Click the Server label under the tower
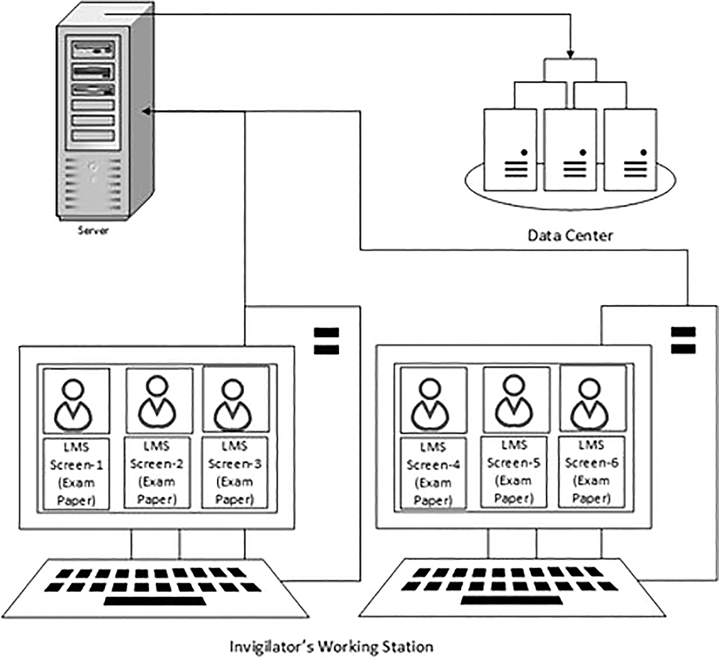coord(93,230)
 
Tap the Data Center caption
coord(570,235)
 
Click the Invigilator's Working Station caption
coord(331,647)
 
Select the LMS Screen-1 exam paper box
coord(76,473)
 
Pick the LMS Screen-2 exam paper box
coord(157,472)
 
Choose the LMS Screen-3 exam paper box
coord(234,472)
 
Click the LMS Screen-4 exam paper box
coord(433,473)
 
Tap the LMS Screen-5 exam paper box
coord(513,472)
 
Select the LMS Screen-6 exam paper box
coord(591,472)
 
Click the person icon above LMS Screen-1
coord(76,402)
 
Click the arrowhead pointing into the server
coord(146,112)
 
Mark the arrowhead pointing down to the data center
coord(570,54)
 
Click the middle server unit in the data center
coord(570,150)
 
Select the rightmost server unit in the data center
coord(630,150)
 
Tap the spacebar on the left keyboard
coord(155,601)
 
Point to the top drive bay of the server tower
coord(93,50)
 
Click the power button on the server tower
coord(92,166)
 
